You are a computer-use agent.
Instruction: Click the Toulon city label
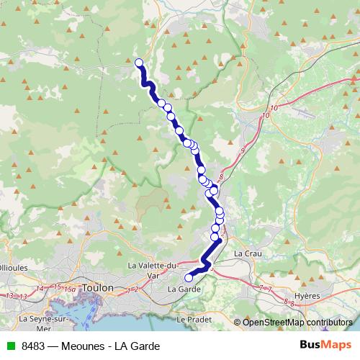(x=99, y=287)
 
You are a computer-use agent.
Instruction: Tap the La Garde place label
(x=182, y=289)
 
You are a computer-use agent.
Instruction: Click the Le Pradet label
(x=191, y=318)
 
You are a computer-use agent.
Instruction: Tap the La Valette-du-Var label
(x=152, y=269)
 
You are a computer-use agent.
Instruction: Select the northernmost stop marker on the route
(x=139, y=63)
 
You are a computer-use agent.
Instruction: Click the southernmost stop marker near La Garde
(x=189, y=277)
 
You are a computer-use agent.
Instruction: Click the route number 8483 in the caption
(x=34, y=346)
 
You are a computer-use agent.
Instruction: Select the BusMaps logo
(x=325, y=345)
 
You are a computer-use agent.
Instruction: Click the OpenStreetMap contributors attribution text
(x=297, y=322)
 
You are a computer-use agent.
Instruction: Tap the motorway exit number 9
(x=243, y=150)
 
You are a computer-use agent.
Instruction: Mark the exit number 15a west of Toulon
(x=70, y=289)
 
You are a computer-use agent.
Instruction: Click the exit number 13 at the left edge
(x=10, y=295)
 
